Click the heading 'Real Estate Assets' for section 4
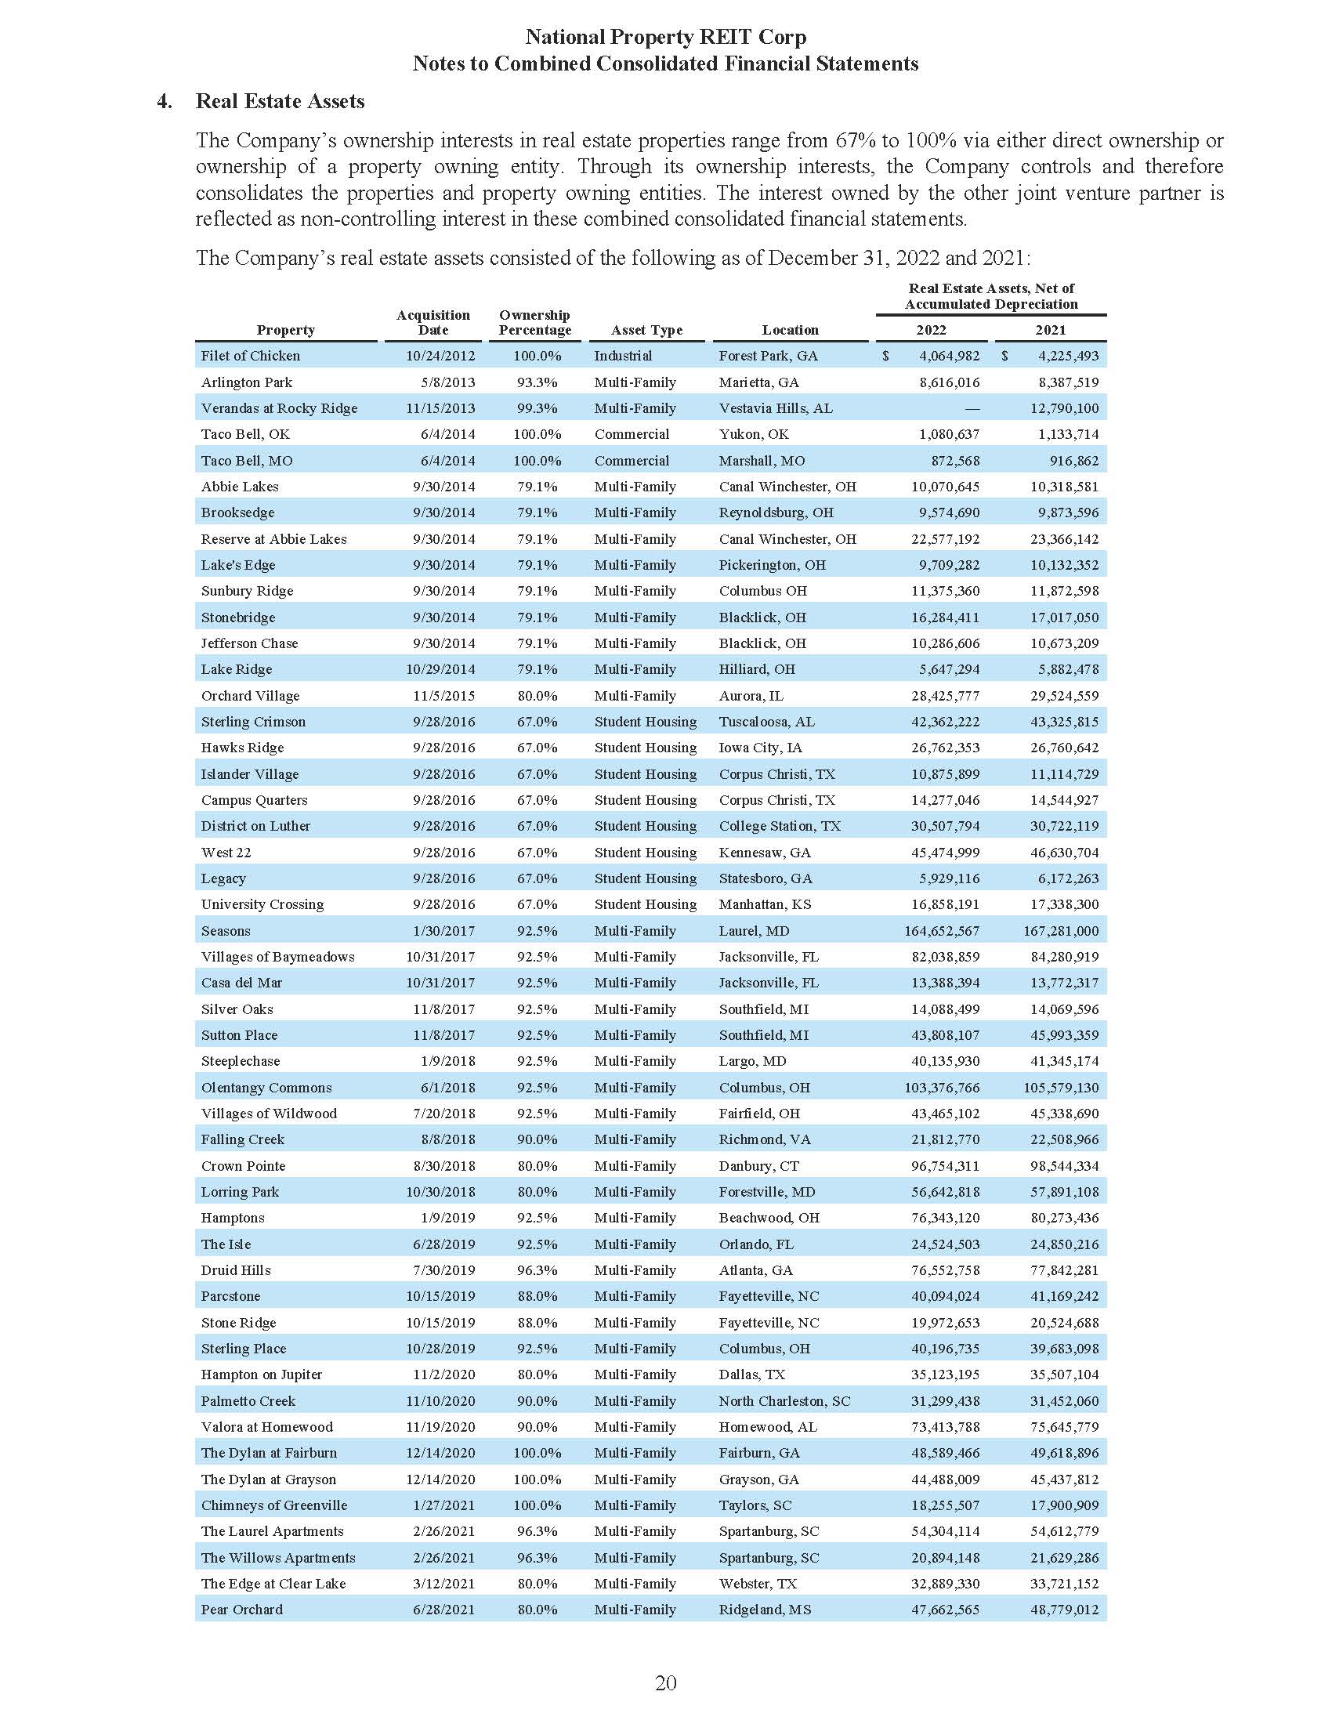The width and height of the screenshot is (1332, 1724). [x=280, y=101]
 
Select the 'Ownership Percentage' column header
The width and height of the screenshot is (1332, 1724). [x=534, y=322]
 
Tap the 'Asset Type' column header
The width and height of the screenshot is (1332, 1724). [x=646, y=330]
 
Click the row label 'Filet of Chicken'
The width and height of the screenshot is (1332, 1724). [x=250, y=356]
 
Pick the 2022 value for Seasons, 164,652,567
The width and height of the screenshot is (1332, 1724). [x=941, y=931]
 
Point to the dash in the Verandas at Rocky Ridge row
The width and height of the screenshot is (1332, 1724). [x=972, y=409]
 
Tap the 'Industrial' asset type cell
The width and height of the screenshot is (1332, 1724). [x=623, y=356]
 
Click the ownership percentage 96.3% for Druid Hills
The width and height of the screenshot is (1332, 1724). [x=537, y=1270]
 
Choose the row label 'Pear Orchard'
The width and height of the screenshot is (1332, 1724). [x=241, y=1610]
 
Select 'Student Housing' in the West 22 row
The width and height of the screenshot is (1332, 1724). [x=645, y=853]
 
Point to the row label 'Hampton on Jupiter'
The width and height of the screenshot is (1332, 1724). [x=261, y=1374]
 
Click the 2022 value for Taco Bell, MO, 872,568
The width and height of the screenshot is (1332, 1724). [x=950, y=461]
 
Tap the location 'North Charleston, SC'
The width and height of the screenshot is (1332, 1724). [x=784, y=1401]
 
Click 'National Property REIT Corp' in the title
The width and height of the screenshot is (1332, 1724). [x=665, y=37]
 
